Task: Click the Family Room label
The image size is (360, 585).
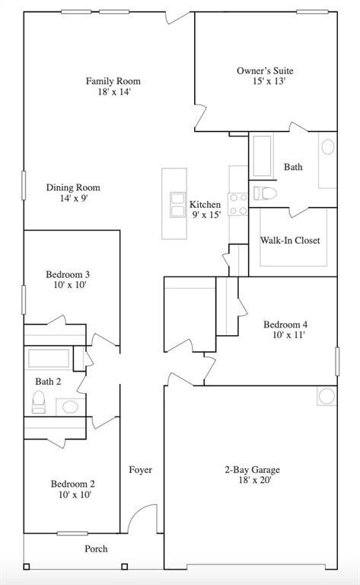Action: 113,82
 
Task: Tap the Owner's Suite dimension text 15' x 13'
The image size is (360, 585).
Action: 265,83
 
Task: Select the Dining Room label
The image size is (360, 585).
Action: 72,187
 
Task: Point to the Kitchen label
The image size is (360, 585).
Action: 205,205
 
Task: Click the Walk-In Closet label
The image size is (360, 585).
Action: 290,241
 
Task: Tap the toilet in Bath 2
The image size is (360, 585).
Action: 39,401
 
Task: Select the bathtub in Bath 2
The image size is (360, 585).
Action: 50,358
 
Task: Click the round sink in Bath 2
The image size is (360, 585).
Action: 70,406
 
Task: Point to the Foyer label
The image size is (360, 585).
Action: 140,470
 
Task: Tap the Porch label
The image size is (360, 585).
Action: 96,548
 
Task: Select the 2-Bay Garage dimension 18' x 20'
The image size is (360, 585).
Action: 247,480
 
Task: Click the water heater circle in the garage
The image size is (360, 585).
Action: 326,396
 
